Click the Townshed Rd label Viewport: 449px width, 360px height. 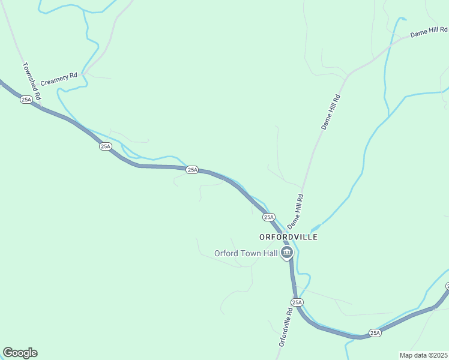click(x=31, y=81)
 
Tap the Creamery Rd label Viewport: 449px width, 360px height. click(x=59, y=76)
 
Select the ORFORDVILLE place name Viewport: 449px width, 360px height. click(x=288, y=237)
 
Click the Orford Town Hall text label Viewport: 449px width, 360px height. click(x=246, y=253)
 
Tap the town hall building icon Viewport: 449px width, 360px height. click(x=287, y=253)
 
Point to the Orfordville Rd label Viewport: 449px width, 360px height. click(x=286, y=328)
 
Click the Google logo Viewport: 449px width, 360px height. click(x=20, y=353)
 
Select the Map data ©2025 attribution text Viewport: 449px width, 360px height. click(x=424, y=355)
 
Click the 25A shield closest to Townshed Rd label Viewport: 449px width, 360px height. click(x=26, y=100)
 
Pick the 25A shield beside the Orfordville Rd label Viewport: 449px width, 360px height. click(x=297, y=302)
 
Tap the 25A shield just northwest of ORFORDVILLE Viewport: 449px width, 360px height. click(x=268, y=217)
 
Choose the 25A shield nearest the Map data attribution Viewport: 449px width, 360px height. click(x=375, y=332)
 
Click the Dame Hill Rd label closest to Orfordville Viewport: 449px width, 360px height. click(x=296, y=211)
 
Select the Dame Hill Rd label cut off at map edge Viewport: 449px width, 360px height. click(x=429, y=32)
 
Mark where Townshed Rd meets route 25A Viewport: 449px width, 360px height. click(x=41, y=107)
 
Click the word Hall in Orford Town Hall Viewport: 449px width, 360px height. click(x=269, y=253)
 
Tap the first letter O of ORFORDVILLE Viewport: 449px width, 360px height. click(x=262, y=237)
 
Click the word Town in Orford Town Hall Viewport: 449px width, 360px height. click(x=249, y=253)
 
